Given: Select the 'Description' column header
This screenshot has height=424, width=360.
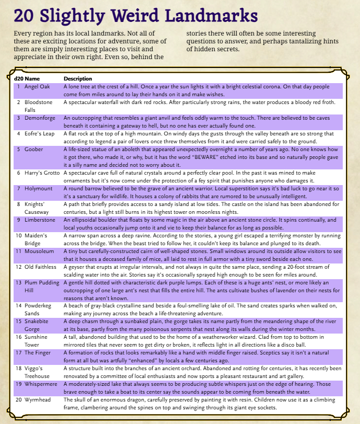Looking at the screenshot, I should click(78, 79).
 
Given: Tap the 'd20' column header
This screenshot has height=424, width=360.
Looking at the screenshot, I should click(19, 79).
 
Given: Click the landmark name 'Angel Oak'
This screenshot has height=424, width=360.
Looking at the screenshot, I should click(38, 87).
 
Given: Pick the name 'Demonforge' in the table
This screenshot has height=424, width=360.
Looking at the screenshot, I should click(40, 118).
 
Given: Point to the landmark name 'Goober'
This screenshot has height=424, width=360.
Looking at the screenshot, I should click(33, 149).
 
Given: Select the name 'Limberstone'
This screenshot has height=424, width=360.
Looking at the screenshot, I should click(40, 220).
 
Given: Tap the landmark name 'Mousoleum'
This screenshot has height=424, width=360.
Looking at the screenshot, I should click(40, 251).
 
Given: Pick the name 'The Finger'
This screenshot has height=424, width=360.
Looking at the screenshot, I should click(38, 353).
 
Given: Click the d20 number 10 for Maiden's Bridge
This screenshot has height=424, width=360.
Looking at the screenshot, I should click(19, 236).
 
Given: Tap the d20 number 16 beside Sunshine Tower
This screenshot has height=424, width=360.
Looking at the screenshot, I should click(19, 337).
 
